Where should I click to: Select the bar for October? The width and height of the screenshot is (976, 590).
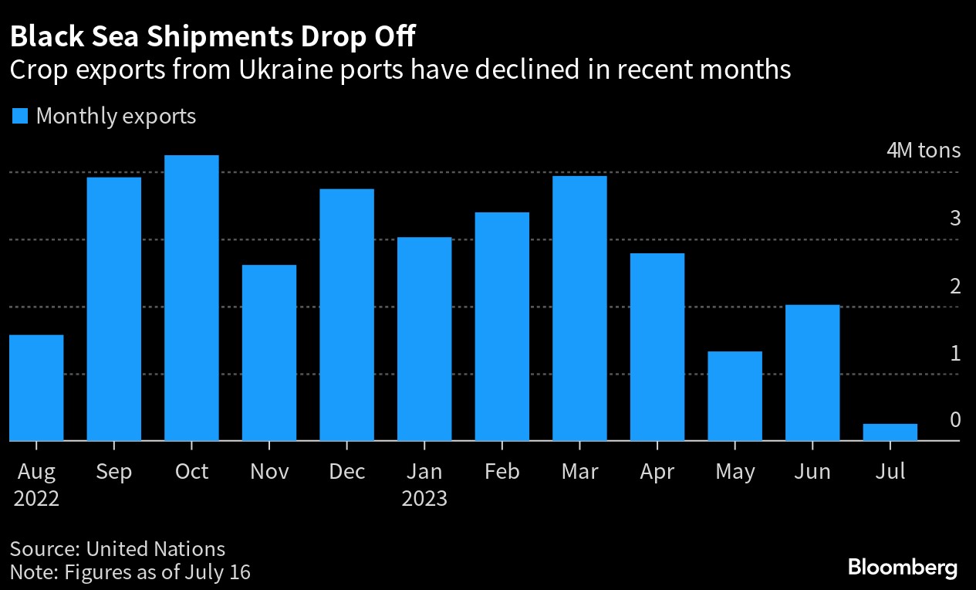(191, 298)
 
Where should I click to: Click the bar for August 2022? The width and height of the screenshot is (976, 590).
(36, 388)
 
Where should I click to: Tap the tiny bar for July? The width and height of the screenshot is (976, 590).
(890, 432)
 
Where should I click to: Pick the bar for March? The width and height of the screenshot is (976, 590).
(579, 309)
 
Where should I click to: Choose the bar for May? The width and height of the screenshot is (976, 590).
(735, 396)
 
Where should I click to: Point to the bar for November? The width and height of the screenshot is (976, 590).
(269, 353)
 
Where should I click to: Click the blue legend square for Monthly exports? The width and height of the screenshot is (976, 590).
(21, 117)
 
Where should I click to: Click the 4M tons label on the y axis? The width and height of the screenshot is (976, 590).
(924, 150)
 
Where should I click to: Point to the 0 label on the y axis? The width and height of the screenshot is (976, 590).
(955, 420)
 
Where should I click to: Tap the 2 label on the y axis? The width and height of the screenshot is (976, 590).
(955, 287)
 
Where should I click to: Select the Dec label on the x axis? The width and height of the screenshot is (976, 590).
(346, 471)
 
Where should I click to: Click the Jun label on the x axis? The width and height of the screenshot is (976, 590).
(812, 471)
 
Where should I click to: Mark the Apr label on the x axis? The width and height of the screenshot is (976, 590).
(657, 471)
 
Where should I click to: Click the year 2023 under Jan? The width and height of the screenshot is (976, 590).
(424, 498)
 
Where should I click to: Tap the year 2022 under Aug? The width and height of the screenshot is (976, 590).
(36, 498)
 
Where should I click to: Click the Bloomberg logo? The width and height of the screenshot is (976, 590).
(903, 568)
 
